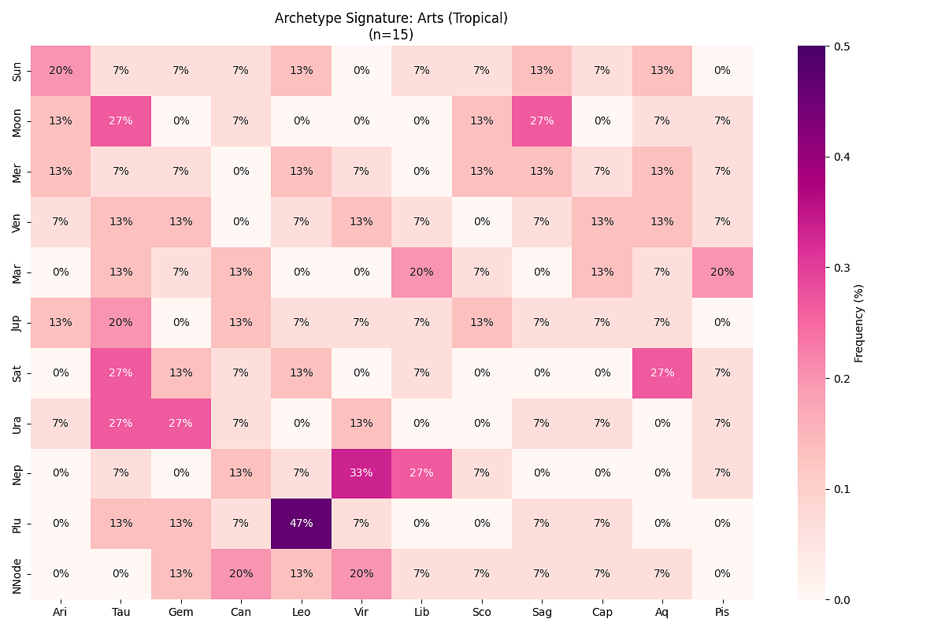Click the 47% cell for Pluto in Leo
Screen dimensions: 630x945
pyautogui.click(x=302, y=524)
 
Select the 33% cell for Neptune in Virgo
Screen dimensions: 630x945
pyautogui.click(x=361, y=473)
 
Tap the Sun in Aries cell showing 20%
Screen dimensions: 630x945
pyautogui.click(x=61, y=70)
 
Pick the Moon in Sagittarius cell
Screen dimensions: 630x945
pyautogui.click(x=542, y=120)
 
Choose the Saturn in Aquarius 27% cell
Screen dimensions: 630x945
pyautogui.click(x=662, y=372)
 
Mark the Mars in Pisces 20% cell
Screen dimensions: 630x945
pyautogui.click(x=722, y=272)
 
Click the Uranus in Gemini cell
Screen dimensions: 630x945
pyautogui.click(x=181, y=423)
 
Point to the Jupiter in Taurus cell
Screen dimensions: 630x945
pyautogui.click(x=121, y=322)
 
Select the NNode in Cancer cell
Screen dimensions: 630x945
pyautogui.click(x=241, y=574)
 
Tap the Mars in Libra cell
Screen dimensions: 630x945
pyautogui.click(x=421, y=272)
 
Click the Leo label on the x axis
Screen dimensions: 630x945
pyautogui.click(x=302, y=612)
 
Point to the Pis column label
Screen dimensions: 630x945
pyautogui.click(x=722, y=612)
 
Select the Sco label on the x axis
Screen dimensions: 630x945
pyautogui.click(x=482, y=612)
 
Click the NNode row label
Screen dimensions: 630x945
pyautogui.click(x=17, y=574)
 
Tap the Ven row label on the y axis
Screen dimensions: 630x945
pyautogui.click(x=17, y=221)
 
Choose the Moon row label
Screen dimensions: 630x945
pyautogui.click(x=17, y=120)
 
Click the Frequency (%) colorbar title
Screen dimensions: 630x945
pyautogui.click(x=859, y=323)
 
